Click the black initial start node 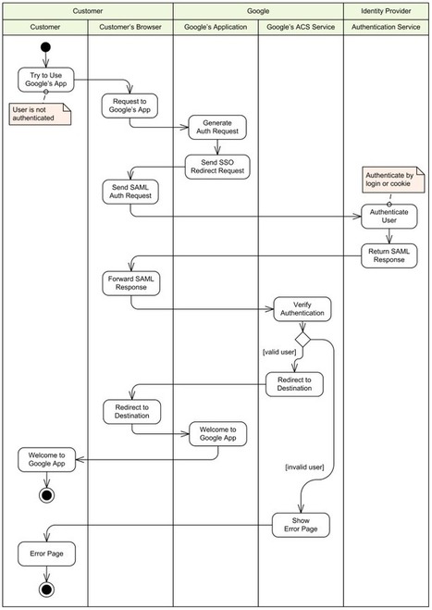click(45, 47)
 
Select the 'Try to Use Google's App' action click(46, 80)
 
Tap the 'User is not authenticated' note click(41, 114)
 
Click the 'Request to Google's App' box click(130, 106)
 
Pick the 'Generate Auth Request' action click(217, 127)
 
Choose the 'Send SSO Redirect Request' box click(217, 167)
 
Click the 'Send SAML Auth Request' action click(130, 192)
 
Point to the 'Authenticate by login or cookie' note click(393, 180)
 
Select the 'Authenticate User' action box click(389, 217)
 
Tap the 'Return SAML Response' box click(389, 256)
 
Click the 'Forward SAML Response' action click(131, 283)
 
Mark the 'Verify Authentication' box click(302, 309)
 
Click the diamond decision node click(302, 339)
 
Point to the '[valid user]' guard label click(279, 352)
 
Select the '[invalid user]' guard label click(305, 467)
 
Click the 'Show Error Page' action click(301, 525)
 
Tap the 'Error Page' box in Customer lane click(46, 554)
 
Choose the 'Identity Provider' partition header click(386, 11)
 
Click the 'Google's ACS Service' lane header click(301, 27)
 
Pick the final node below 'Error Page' click(46, 590)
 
